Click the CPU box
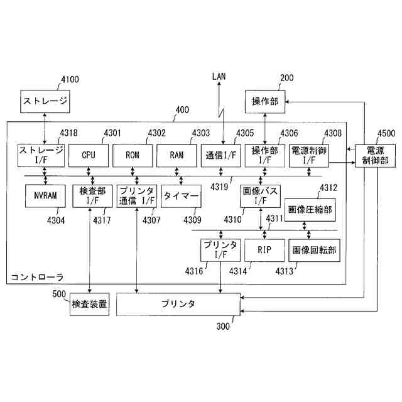click(88, 155)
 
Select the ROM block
click(132, 155)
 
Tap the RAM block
click(176, 155)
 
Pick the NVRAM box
click(45, 196)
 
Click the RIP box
click(264, 250)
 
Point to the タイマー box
click(181, 196)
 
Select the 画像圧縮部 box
click(309, 209)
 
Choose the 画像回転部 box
click(313, 250)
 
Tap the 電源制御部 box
click(375, 155)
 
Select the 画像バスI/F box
click(259, 196)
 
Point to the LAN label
click(219, 77)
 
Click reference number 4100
click(70, 80)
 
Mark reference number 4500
click(386, 133)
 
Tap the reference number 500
click(60, 294)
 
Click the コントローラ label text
click(37, 276)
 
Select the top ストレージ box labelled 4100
click(45, 101)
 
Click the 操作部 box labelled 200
click(264, 101)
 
